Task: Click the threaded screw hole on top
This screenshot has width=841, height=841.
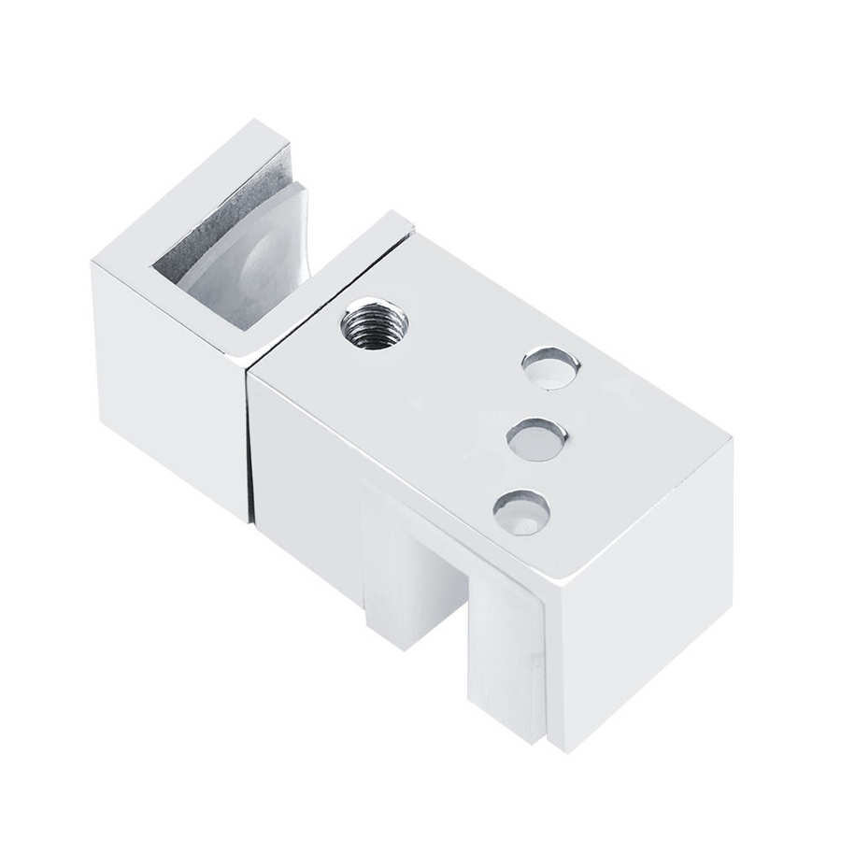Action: point(374,323)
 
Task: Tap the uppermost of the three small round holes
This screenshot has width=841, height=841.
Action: point(550,367)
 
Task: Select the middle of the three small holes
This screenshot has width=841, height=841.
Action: point(536,437)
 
